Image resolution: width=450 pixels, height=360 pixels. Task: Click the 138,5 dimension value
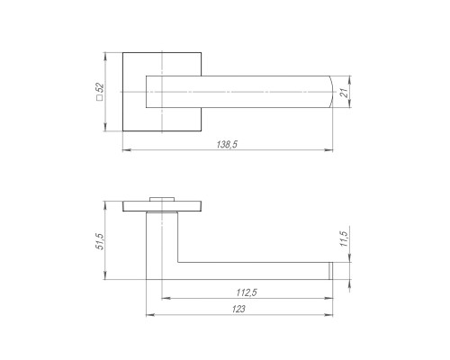227,145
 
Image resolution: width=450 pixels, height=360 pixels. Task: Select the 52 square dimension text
100,87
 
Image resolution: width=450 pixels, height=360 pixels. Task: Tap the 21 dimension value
345,93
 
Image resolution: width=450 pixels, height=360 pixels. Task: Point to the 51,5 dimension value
100,241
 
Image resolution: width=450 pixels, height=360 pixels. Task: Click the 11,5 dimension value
345,238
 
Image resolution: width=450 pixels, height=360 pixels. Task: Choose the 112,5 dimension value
247,292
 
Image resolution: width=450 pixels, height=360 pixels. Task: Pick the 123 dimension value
238,309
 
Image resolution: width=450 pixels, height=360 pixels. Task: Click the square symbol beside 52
100,97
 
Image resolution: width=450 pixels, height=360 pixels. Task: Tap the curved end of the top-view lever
331,92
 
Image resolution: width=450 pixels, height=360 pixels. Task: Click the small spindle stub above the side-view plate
162,199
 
